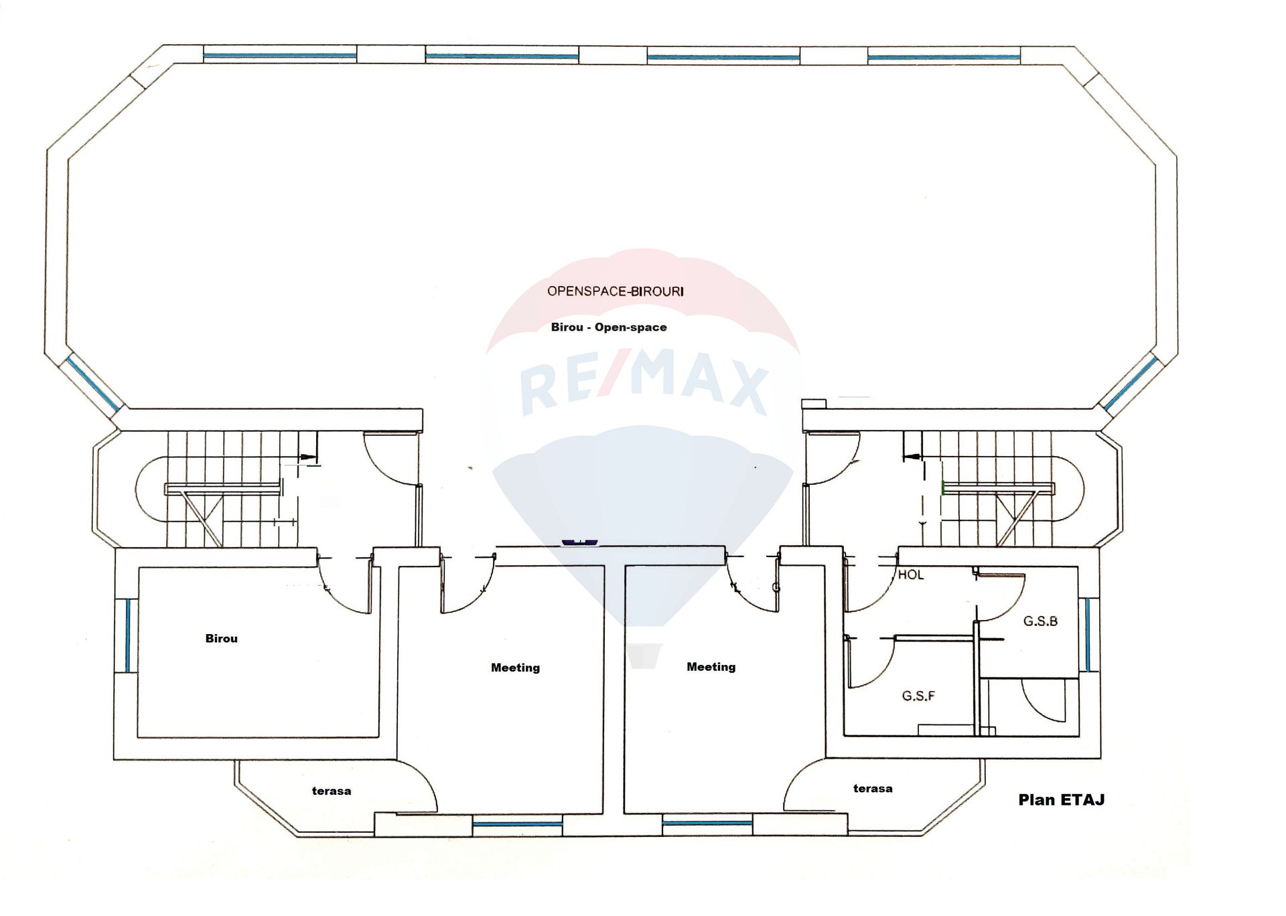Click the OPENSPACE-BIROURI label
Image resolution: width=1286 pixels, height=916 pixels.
[615, 291]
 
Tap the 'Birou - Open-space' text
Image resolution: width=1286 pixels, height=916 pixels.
[609, 327]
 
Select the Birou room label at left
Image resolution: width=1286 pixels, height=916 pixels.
[221, 639]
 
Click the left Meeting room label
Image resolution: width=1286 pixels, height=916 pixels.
[515, 668]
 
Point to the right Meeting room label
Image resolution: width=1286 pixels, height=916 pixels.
[711, 667]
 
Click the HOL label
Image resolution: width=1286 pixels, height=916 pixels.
[910, 575]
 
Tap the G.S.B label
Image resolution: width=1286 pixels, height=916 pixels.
[1040, 621]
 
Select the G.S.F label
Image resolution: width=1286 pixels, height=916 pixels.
[918, 696]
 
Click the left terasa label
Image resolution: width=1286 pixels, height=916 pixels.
[332, 791]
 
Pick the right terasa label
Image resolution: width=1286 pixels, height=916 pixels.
[873, 789]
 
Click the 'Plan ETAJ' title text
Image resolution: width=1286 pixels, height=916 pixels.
[1062, 799]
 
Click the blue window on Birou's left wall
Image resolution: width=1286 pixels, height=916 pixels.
[127, 635]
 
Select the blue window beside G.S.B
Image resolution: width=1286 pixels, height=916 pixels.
[1087, 635]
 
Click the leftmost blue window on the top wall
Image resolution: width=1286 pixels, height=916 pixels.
[280, 55]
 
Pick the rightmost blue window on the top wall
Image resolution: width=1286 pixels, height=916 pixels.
[944, 58]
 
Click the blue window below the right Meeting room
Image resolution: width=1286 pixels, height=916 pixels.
[707, 822]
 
